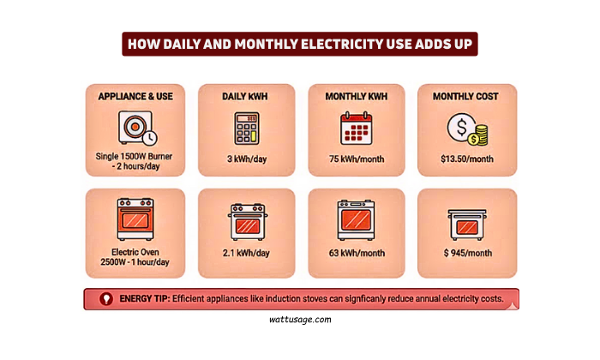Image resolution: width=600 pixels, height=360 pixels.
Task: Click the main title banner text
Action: point(299,44)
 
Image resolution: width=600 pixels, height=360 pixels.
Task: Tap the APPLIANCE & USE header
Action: point(135,96)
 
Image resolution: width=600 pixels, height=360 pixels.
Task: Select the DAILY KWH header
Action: point(245,96)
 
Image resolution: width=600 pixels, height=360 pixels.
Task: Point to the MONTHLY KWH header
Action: point(356,96)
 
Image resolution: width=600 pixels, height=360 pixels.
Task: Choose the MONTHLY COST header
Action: point(465,96)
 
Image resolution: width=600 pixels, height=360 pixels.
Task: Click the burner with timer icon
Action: point(135,128)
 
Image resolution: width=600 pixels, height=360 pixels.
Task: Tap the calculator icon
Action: point(245,129)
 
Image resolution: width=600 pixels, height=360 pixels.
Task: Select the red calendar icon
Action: point(356,129)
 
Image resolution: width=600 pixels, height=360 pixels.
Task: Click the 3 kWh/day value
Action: point(245,159)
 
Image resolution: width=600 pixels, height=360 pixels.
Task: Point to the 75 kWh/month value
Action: point(356,159)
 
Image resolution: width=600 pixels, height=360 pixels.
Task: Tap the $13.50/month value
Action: point(465,159)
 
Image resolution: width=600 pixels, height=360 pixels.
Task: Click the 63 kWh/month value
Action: point(356,254)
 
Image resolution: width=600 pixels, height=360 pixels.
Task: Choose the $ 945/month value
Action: point(465,254)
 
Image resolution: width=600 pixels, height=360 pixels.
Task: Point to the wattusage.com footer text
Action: point(300,318)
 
